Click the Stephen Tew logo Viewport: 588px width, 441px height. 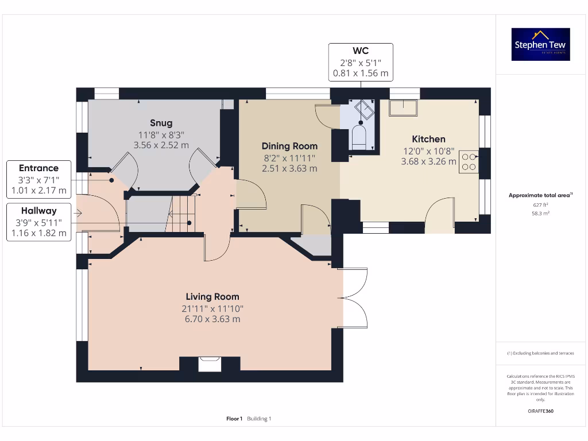540,44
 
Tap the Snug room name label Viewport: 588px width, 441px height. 161,123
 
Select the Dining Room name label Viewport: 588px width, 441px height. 289,146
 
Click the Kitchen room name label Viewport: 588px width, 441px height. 428,139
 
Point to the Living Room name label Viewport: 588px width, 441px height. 212,297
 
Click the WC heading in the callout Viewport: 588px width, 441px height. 361,51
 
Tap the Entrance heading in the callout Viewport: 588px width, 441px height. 38,168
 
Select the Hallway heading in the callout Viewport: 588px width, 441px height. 38,211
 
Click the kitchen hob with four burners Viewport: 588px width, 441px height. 469,161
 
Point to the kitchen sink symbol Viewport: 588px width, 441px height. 404,107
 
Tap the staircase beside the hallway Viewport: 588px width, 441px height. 183,213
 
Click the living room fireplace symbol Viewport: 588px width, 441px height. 210,364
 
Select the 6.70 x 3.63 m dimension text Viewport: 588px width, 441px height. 212,319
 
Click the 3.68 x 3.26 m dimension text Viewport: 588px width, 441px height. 428,161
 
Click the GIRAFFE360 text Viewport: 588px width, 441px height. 540,411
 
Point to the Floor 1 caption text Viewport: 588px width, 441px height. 234,419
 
